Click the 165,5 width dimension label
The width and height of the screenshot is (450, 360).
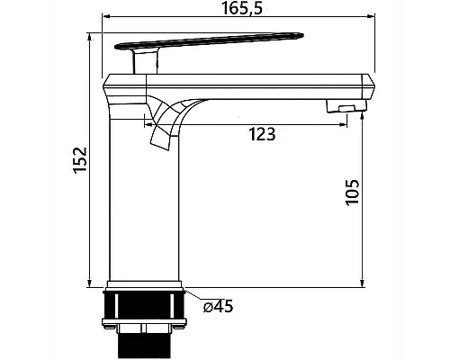242,8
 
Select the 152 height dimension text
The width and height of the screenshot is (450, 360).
80,159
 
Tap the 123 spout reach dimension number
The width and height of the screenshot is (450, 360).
262,134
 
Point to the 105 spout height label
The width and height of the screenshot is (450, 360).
352,193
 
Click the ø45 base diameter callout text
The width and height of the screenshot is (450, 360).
218,306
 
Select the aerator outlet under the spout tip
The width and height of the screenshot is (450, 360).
346,107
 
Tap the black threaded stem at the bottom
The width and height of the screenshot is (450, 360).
145,345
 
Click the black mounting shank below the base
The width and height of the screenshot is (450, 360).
143,305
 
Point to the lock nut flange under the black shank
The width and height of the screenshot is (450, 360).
144,322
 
